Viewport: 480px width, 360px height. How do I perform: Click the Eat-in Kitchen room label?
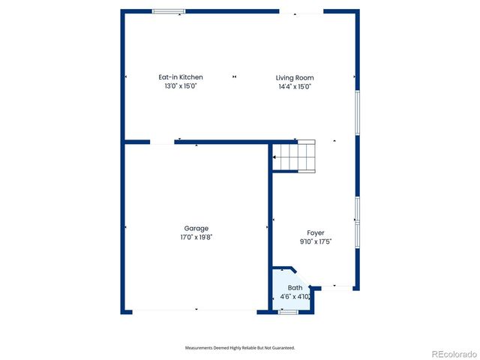(180, 77)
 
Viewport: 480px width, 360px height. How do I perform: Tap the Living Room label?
(294, 77)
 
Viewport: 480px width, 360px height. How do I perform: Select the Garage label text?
(196, 228)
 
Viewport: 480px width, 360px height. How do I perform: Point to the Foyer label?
(316, 232)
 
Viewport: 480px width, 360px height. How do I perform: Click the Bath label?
(295, 288)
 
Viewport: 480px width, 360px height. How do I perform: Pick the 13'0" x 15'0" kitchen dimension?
(180, 86)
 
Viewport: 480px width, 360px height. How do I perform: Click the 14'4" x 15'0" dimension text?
(294, 86)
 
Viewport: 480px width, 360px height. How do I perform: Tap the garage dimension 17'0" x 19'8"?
(196, 237)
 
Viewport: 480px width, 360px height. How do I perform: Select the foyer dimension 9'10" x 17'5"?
(316, 241)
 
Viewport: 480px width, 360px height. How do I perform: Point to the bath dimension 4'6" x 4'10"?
(295, 297)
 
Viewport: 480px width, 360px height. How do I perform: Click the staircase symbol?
(295, 157)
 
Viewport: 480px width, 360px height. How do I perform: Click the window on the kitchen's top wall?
(169, 11)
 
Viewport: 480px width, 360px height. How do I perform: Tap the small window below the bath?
(288, 311)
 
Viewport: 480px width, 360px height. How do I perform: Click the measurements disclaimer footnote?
(240, 348)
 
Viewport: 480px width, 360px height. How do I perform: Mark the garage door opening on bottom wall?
(196, 310)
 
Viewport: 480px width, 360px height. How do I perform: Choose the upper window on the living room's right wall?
(357, 113)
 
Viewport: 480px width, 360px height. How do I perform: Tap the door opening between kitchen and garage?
(162, 142)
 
